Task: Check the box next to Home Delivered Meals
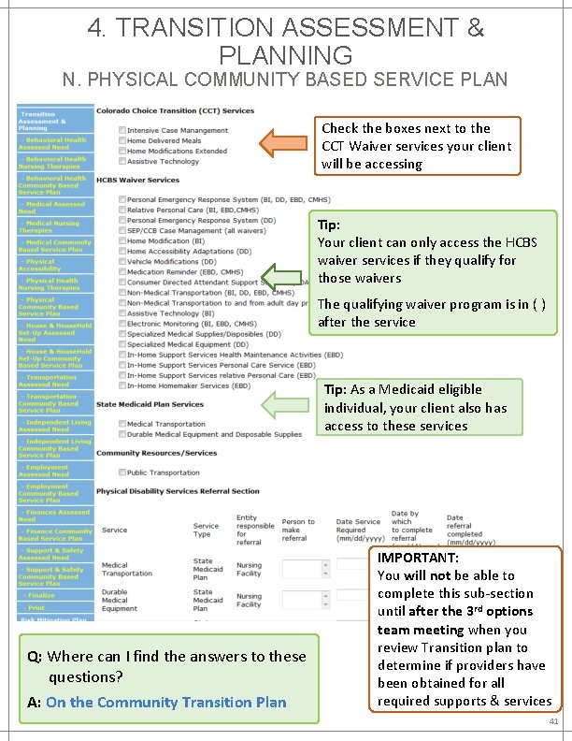(x=122, y=140)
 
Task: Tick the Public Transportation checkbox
(x=122, y=472)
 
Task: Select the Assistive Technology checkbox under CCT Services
(x=122, y=161)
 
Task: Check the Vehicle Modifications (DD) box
(x=122, y=260)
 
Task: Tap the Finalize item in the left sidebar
(x=42, y=595)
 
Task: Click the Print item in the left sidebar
(x=38, y=607)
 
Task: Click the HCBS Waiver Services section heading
(x=137, y=180)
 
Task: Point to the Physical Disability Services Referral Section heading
(x=178, y=491)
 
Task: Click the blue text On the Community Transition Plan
(x=165, y=702)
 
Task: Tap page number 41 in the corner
(x=554, y=722)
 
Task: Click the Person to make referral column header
(x=298, y=530)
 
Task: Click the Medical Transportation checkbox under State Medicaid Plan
(x=122, y=424)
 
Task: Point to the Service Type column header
(x=206, y=530)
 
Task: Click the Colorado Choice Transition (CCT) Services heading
(x=175, y=111)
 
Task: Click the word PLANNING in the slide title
(x=285, y=55)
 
